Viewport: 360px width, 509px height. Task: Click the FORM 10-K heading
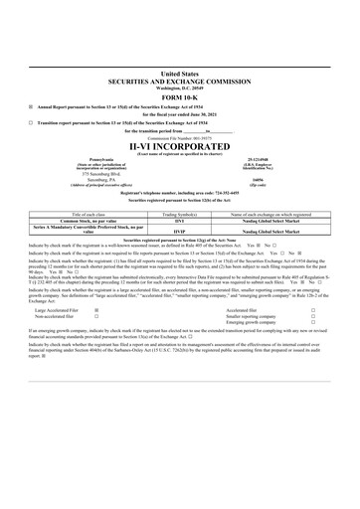click(x=180, y=95)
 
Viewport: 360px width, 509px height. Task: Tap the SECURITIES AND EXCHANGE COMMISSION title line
click(x=180, y=80)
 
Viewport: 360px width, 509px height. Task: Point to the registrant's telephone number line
click(x=180, y=192)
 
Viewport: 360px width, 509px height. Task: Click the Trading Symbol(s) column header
click(x=180, y=214)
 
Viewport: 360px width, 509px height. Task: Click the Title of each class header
click(x=76, y=214)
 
